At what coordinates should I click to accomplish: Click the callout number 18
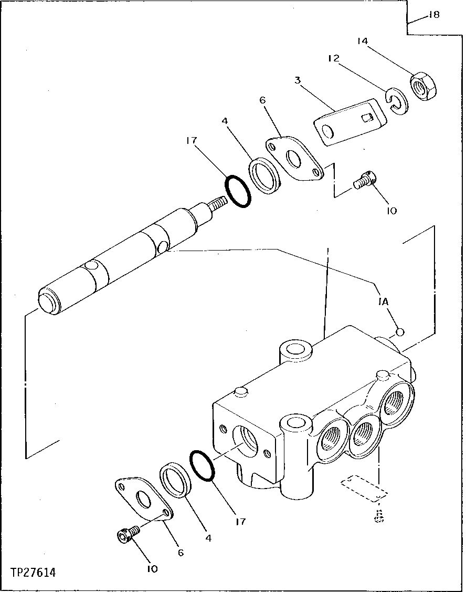pyautogui.click(x=433, y=15)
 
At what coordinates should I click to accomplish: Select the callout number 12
pyautogui.click(x=334, y=58)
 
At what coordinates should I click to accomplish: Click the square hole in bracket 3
pyautogui.click(x=368, y=118)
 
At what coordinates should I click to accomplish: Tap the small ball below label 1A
pyautogui.click(x=400, y=332)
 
